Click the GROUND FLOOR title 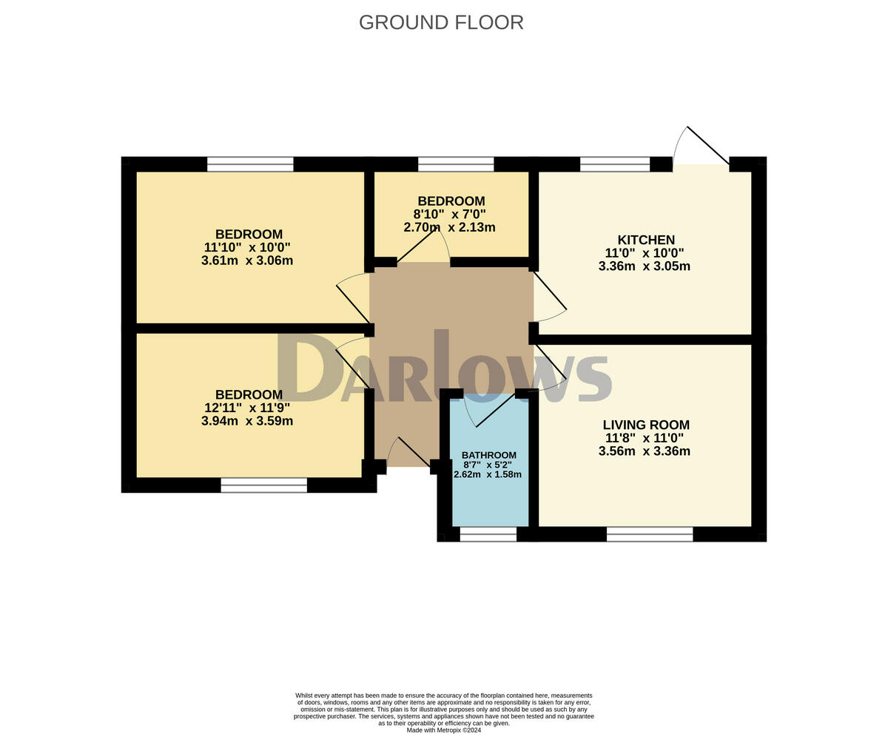(441, 22)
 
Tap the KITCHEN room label (646, 240)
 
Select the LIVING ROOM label (646, 425)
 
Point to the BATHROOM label (489, 455)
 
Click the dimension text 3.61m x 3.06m (247, 260)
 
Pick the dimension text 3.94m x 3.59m (247, 421)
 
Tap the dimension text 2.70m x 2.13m (449, 227)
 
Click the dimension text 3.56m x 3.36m (645, 451)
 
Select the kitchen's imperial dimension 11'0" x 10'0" (645, 253)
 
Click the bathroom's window (488, 534)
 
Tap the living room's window (650, 534)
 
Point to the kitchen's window (615, 164)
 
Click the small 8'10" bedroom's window (456, 164)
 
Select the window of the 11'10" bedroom (250, 164)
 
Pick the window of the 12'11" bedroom (264, 485)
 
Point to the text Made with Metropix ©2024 (443, 730)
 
